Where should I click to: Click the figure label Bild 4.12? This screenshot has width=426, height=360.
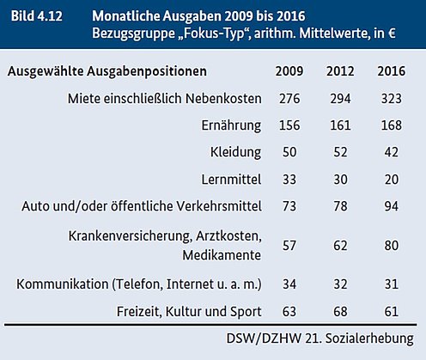[37, 16]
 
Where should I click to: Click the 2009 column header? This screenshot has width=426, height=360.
[289, 71]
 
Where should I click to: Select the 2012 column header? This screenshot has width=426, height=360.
[340, 71]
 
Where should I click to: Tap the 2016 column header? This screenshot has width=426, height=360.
[391, 71]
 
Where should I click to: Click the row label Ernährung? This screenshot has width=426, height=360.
[231, 125]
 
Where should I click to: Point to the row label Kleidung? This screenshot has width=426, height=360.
[235, 152]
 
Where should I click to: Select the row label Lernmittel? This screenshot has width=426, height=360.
[231, 180]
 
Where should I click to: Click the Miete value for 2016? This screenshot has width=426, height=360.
[391, 99]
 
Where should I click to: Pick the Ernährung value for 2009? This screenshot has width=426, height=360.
[289, 125]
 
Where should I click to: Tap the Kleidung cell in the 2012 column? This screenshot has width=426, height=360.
[340, 152]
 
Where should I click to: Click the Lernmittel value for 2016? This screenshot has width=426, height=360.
[391, 180]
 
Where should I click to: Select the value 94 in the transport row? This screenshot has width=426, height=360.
[391, 206]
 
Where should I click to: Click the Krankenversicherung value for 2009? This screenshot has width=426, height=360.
[289, 246]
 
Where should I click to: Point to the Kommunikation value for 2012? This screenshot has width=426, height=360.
[340, 284]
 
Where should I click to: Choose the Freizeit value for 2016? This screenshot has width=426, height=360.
[391, 311]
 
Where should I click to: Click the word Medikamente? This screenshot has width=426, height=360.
[222, 255]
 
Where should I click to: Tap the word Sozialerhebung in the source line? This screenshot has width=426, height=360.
[369, 339]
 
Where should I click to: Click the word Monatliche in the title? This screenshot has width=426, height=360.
[126, 16]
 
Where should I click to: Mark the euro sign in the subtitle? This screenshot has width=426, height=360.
[392, 34]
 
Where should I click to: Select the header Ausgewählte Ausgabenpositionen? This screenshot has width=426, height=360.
[107, 71]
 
